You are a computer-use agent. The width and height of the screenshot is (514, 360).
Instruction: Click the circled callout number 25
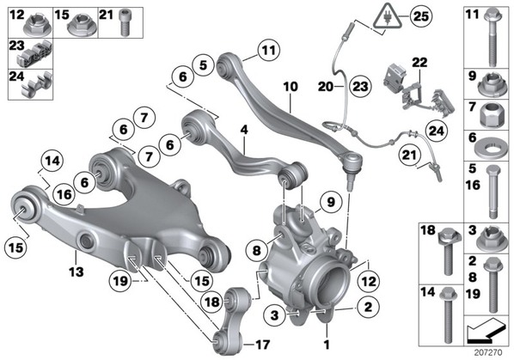point(421,16)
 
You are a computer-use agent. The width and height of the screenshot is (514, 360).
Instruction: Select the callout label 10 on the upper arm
point(291,87)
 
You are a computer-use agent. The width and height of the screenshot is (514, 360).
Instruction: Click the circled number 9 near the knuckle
point(331,202)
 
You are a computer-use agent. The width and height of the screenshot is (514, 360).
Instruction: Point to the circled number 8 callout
point(257,251)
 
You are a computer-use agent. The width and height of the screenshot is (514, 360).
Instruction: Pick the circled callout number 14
point(52,162)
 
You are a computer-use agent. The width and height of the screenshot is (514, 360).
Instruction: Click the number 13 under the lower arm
point(76,272)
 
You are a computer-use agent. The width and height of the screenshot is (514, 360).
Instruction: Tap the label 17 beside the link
point(262,345)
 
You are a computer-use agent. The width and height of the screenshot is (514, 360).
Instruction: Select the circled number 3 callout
point(274,315)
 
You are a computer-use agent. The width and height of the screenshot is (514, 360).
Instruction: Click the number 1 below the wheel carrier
point(327,345)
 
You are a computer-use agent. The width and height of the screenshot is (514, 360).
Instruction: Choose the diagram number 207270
point(487,353)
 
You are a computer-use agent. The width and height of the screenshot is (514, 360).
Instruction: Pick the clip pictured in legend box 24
point(37,85)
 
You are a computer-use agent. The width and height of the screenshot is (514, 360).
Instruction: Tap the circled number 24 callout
point(437,131)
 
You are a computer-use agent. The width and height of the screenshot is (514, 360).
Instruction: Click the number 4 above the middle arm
point(244,130)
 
